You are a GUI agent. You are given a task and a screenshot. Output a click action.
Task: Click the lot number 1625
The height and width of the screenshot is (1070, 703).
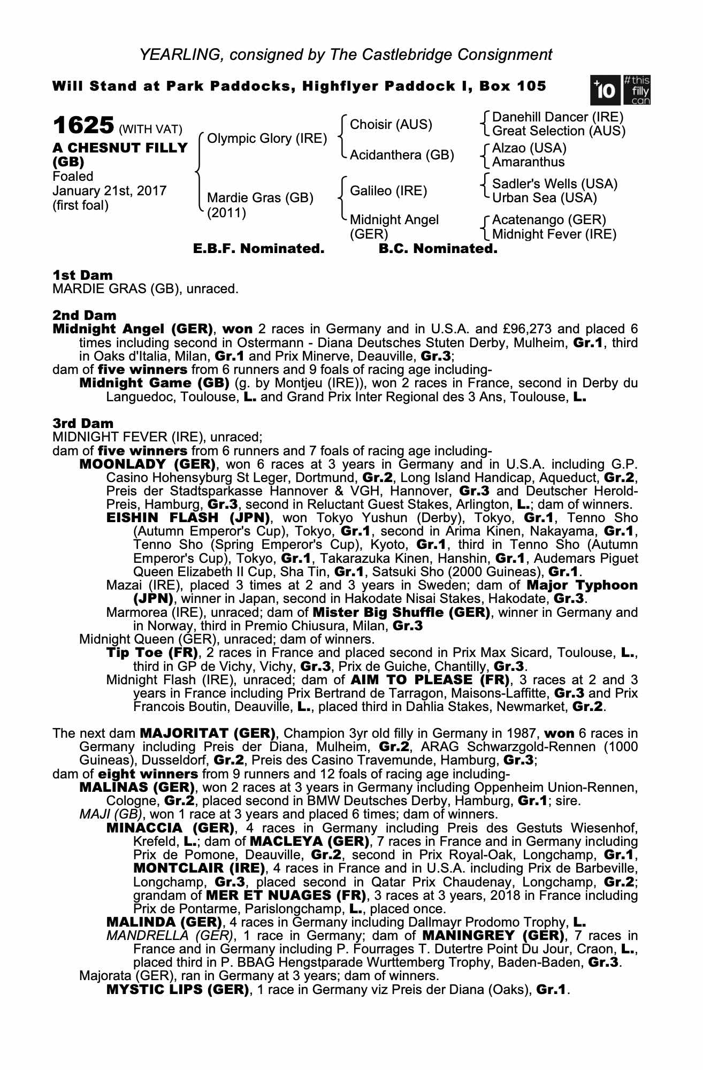tap(83, 126)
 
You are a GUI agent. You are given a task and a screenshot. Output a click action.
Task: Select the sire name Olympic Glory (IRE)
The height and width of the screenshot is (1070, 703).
tap(266, 139)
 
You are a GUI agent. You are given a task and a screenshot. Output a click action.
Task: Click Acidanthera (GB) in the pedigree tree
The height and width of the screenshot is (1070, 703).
tap(401, 155)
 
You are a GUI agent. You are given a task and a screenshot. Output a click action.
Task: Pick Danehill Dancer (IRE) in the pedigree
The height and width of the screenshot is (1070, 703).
tap(557, 117)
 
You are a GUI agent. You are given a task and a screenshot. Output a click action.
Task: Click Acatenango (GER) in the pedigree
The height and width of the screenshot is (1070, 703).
tap(548, 220)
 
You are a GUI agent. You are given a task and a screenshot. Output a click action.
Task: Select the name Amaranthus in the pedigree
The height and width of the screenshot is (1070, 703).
tap(528, 162)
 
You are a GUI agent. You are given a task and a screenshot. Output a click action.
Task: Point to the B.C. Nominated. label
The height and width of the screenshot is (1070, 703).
tap(438, 249)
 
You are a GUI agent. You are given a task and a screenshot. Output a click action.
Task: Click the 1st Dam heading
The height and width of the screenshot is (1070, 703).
tap(82, 276)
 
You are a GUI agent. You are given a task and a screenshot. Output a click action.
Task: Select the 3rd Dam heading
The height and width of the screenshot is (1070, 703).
tap(83, 424)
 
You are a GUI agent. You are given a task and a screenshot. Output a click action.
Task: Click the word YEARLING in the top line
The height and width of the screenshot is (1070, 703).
tap(177, 55)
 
